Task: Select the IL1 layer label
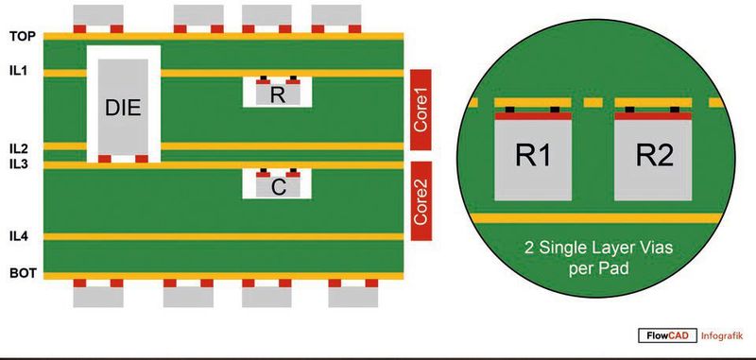20,70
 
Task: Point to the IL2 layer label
20,147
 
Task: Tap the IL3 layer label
20,164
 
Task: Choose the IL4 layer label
20,235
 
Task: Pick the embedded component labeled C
277,187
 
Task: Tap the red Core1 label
421,110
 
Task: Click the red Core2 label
421,195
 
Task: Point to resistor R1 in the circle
533,158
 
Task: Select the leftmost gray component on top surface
97,13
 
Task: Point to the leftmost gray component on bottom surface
98,296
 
